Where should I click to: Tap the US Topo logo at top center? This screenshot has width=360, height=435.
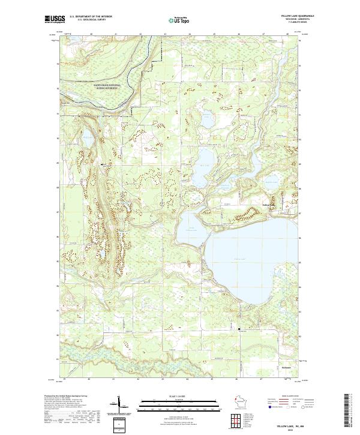(x=180, y=20)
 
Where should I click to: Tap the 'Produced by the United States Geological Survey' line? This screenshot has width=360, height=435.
(x=70, y=397)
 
